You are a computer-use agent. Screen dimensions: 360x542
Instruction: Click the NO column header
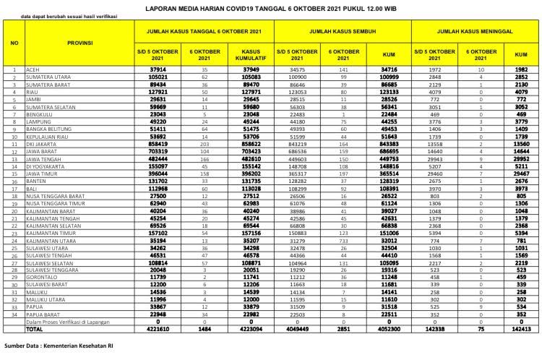pos(14,43)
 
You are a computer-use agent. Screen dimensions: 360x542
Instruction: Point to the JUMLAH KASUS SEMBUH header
pos(343,33)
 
